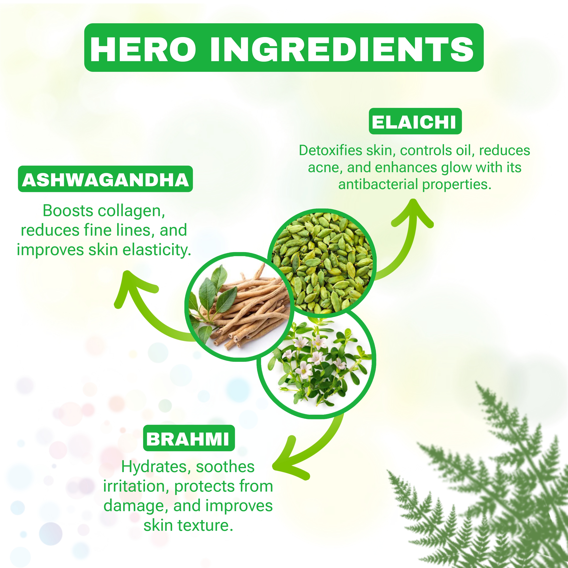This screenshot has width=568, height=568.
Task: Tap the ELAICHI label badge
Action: point(415,121)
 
